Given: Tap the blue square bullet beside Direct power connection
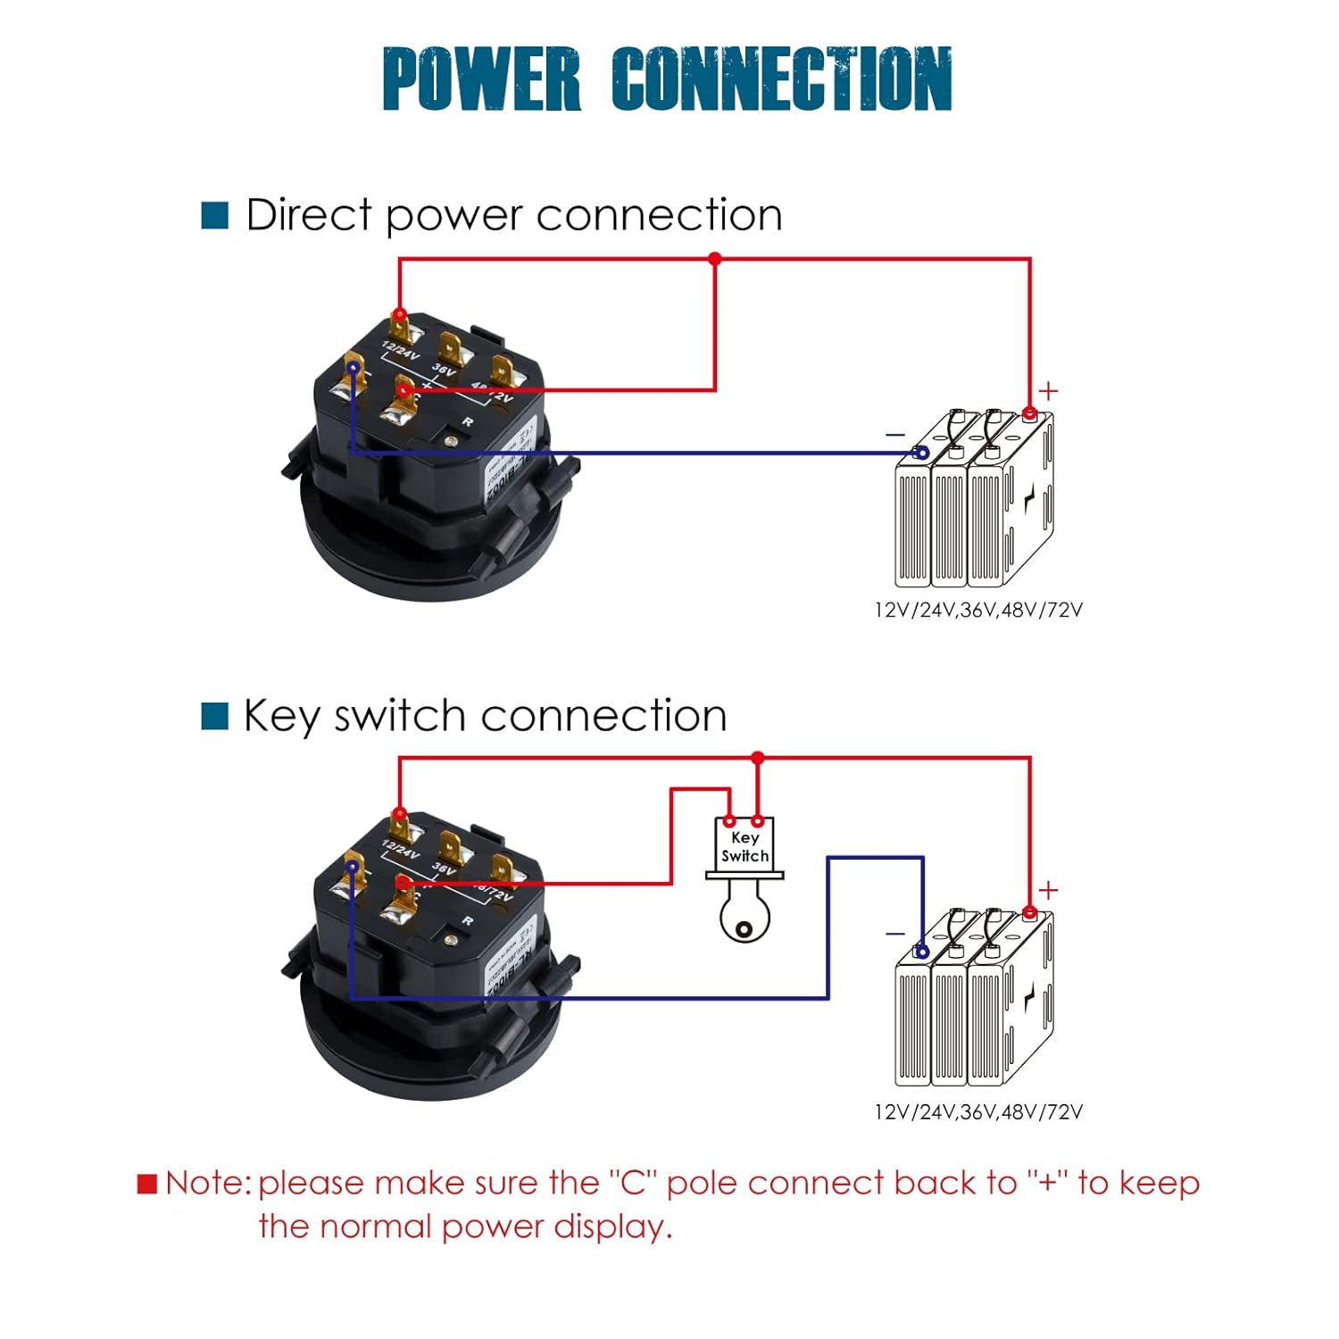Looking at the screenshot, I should [215, 215].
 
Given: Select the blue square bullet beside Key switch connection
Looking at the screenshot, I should [215, 716].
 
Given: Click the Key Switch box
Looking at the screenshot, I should [744, 846].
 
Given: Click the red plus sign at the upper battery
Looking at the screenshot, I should [1049, 391].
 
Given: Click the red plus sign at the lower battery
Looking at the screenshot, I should [1049, 890].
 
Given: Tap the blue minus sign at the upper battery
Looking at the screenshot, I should [895, 435].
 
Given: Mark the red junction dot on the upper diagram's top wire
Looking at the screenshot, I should [714, 259].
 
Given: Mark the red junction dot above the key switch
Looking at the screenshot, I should [758, 758].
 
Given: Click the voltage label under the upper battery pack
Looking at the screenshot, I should [978, 611].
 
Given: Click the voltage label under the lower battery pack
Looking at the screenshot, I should [978, 1112].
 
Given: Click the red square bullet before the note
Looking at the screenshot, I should [147, 1184].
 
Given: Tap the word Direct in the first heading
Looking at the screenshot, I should [309, 215].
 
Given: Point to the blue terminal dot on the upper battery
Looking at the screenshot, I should [922, 453].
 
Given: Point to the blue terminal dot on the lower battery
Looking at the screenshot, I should [922, 952].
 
